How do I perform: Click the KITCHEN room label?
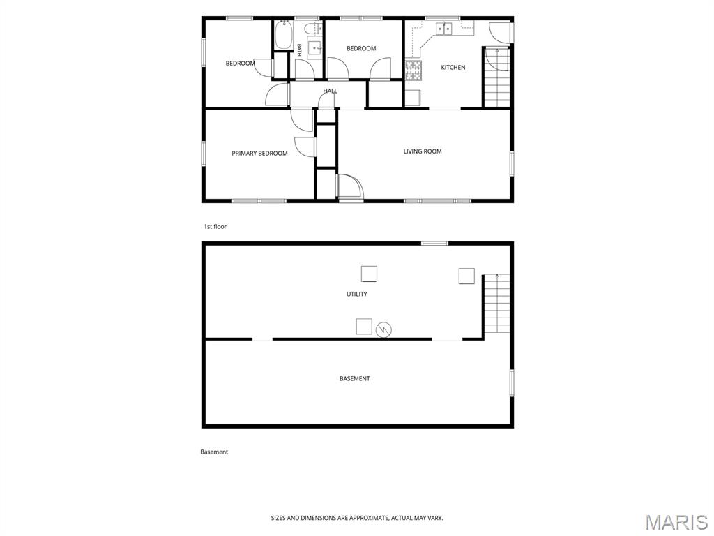[453, 68]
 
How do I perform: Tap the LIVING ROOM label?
[423, 151]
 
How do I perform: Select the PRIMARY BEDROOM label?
[259, 153]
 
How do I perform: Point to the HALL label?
[330, 91]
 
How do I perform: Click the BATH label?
[299, 50]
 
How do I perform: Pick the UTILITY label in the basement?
[356, 294]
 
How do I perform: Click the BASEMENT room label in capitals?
[355, 378]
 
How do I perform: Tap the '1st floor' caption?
[215, 227]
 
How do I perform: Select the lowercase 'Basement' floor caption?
[214, 452]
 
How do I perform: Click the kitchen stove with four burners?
[413, 70]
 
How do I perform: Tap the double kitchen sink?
[444, 29]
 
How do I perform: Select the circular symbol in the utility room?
[384, 329]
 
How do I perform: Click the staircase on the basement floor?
[496, 304]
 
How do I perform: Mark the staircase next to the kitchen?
[496, 77]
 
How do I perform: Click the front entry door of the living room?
[351, 188]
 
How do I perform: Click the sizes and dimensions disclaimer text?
[356, 518]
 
